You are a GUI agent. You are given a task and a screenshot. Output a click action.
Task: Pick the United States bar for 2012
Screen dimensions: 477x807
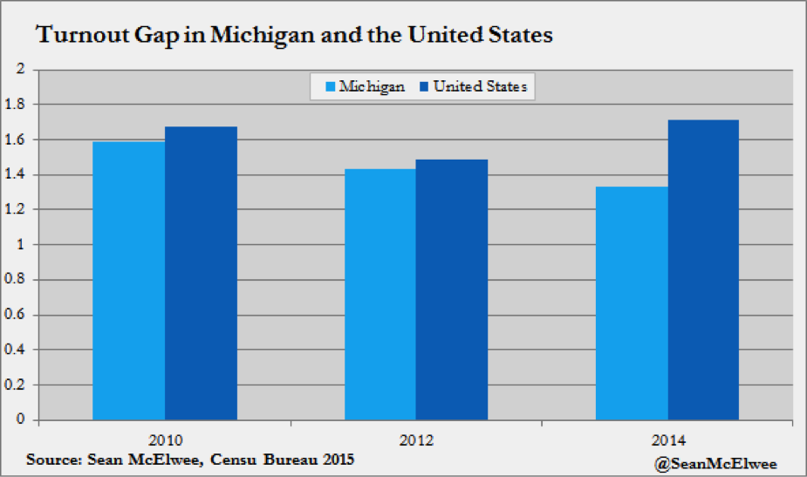pos(452,290)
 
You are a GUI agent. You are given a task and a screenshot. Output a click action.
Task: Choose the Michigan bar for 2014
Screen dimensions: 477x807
pos(632,303)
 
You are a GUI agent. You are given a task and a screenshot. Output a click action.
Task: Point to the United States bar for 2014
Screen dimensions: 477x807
pos(703,269)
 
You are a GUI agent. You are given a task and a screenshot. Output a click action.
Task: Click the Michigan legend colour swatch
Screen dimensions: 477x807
pos(330,87)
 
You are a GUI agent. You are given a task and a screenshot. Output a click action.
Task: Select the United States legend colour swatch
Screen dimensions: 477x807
pos(424,87)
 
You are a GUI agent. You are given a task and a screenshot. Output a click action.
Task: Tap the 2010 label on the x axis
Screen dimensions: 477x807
pos(165,438)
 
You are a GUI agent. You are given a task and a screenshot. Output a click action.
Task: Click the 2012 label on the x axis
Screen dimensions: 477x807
pos(416,438)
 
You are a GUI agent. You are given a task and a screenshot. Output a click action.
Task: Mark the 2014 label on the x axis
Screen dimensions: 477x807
pos(668,438)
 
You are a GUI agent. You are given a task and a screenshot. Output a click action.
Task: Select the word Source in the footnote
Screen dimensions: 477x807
pos(52,460)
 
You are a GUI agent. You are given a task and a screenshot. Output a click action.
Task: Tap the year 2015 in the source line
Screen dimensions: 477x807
pos(336,460)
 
